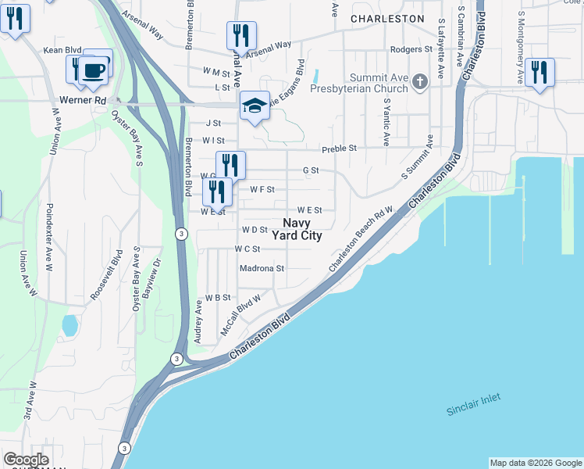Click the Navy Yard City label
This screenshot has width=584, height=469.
tap(296, 229)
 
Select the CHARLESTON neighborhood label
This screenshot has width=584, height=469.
tap(387, 18)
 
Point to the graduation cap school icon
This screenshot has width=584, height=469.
tap(254, 106)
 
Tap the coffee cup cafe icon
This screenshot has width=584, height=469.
tap(94, 68)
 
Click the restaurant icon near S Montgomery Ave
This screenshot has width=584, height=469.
tap(539, 72)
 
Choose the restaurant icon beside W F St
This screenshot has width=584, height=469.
tap(217, 191)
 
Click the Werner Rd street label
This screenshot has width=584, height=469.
tap(83, 101)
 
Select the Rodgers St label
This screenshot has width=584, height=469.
tap(411, 49)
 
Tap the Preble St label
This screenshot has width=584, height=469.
tap(340, 148)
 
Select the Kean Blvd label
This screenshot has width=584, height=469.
tap(63, 50)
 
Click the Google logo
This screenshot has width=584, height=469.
tap(26, 460)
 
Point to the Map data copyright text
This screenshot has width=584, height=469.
tap(536, 463)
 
